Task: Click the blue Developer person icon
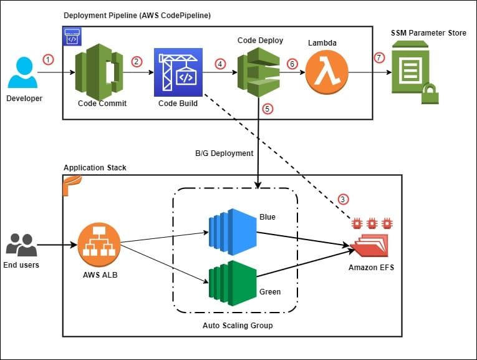click(x=22, y=73)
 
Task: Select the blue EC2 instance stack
click(x=231, y=228)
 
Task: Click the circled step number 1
click(x=49, y=59)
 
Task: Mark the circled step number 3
click(x=344, y=199)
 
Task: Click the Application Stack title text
click(x=95, y=168)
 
